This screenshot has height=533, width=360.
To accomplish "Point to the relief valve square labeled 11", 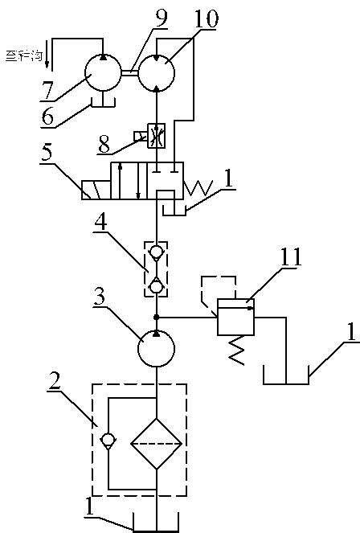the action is click(235, 322).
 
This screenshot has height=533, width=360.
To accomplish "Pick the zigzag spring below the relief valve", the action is click(235, 351).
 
